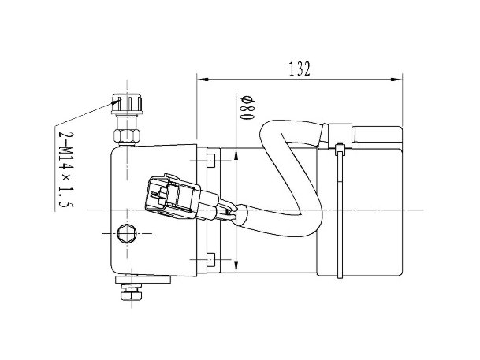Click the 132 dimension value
tap(300, 69)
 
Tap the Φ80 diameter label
tap(247, 108)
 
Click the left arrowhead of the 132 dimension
tap(203, 80)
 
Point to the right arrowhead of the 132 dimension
tap(396, 80)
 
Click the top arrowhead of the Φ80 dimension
tap(236, 154)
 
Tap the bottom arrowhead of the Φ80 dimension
tap(236, 265)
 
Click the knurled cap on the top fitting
tap(127, 103)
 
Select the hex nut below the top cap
tap(127, 135)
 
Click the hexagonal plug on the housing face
tap(127, 234)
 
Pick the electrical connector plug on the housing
tap(172, 195)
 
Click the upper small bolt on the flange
tap(211, 161)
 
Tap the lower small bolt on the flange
tap(211, 259)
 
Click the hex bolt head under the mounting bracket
tap(132, 295)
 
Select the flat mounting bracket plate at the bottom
tap(143, 279)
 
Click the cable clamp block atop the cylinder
tap(340, 136)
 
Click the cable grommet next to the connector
tap(241, 215)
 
